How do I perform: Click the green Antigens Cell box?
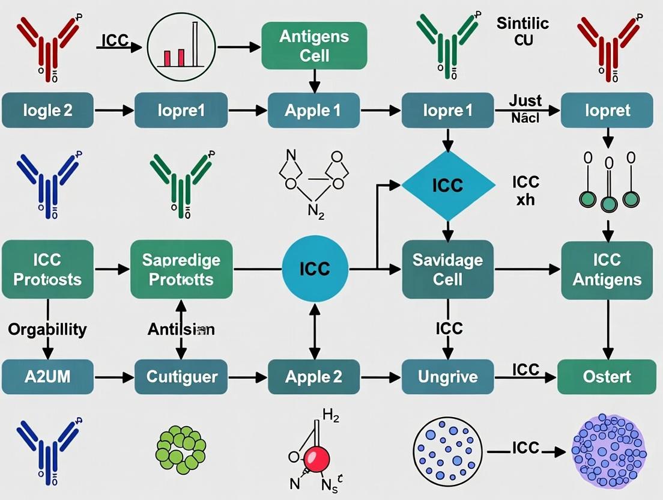[x=313, y=45]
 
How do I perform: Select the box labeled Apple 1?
[x=313, y=111]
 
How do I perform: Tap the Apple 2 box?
[x=313, y=377]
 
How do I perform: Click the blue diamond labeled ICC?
[x=447, y=184]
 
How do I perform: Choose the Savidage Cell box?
[x=447, y=270]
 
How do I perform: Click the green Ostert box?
[x=607, y=377]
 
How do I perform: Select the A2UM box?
[x=47, y=377]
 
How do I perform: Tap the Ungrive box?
[x=447, y=377]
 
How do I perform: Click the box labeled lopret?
[x=607, y=111]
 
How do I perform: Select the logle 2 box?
[x=47, y=111]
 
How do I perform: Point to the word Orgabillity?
[x=47, y=329]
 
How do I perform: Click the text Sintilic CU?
[x=522, y=31]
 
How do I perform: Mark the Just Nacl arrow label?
[x=525, y=108]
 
